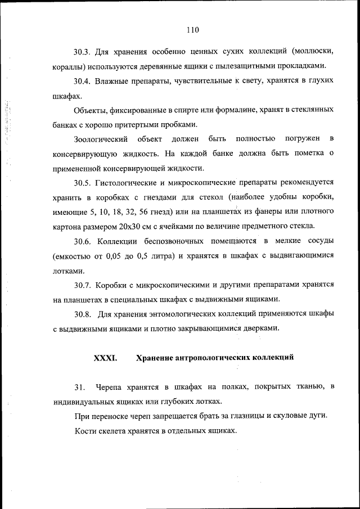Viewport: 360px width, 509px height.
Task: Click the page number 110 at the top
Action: point(192,30)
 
